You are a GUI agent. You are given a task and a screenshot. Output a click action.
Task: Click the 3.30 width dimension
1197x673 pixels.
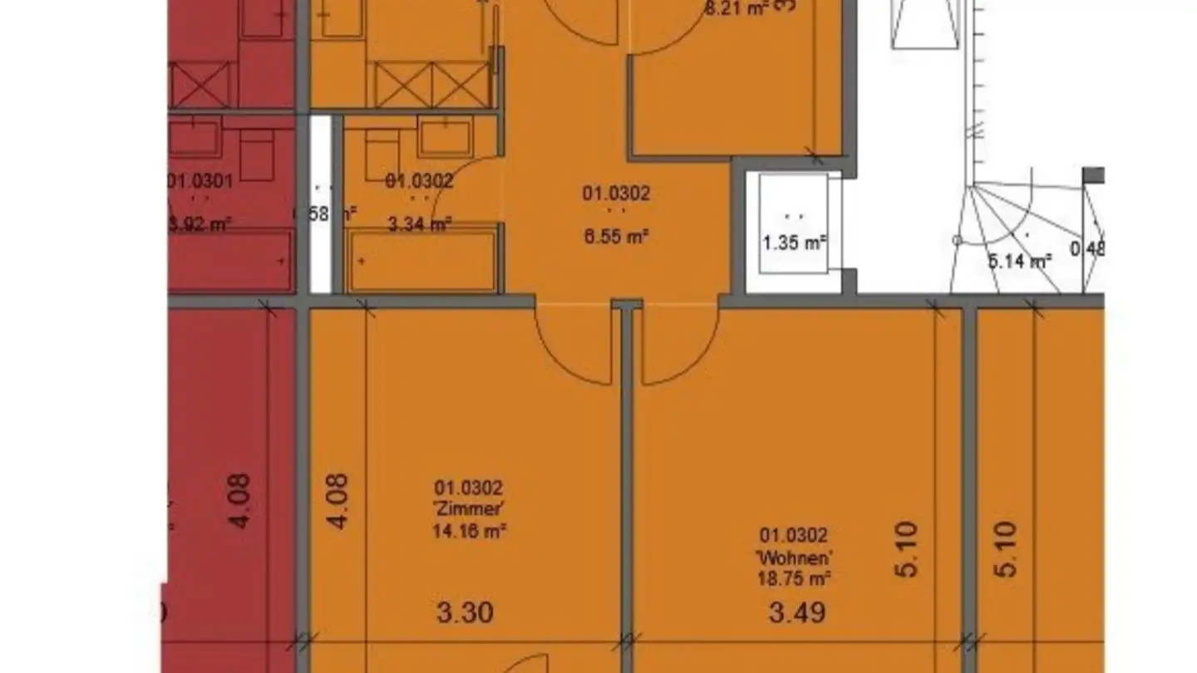click(x=465, y=613)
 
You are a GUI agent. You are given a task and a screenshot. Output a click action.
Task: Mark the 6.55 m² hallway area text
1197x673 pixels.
click(x=616, y=236)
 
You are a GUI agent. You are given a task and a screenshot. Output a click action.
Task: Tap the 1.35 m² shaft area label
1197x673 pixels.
click(x=794, y=243)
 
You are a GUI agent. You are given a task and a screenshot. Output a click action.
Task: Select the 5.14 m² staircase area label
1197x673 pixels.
click(x=1019, y=261)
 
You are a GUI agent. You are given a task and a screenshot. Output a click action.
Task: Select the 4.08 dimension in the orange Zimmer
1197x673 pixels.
click(x=338, y=501)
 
